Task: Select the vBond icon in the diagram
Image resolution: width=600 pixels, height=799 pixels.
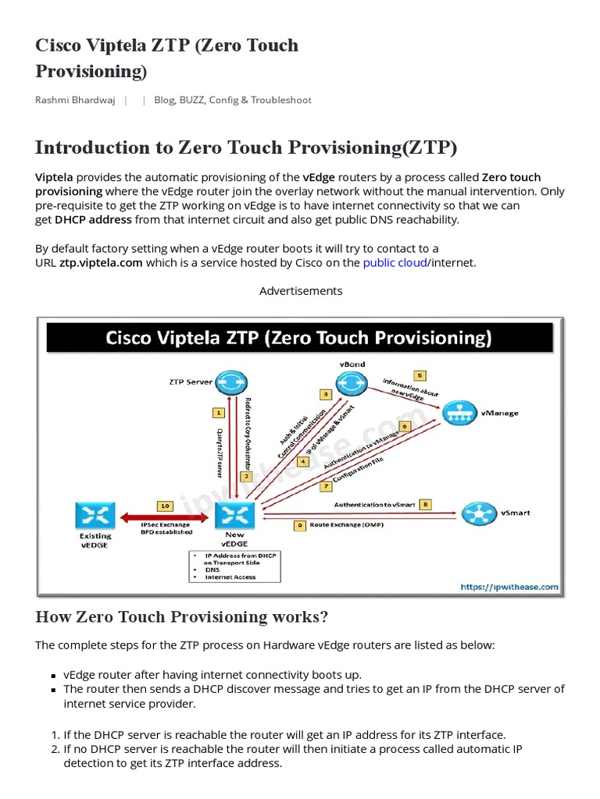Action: coord(352,382)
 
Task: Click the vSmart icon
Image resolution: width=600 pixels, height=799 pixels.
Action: coord(478,513)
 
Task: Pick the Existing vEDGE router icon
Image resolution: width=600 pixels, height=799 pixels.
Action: coord(95,515)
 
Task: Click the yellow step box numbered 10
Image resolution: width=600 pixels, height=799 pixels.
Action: coord(165,506)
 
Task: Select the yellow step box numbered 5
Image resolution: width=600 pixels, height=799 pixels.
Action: coord(420,375)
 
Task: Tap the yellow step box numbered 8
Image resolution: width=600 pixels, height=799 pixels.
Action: coord(426,504)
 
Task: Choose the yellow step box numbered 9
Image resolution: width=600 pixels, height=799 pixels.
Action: coord(300,525)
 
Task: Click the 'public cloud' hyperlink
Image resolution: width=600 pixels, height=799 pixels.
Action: coord(395,262)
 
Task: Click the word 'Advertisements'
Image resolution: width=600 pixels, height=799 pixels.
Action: coord(301,290)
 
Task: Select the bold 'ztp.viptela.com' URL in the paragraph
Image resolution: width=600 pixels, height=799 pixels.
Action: coord(101,262)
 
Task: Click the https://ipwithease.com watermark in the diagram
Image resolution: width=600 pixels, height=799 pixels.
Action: coord(509,587)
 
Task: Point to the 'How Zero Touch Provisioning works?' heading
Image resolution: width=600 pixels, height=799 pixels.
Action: coord(182,617)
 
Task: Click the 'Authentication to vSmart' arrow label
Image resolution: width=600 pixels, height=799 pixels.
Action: coord(375,505)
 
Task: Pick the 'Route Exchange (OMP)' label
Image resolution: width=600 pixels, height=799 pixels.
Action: coord(347,525)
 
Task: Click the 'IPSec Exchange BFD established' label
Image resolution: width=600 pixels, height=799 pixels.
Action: coord(165,529)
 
